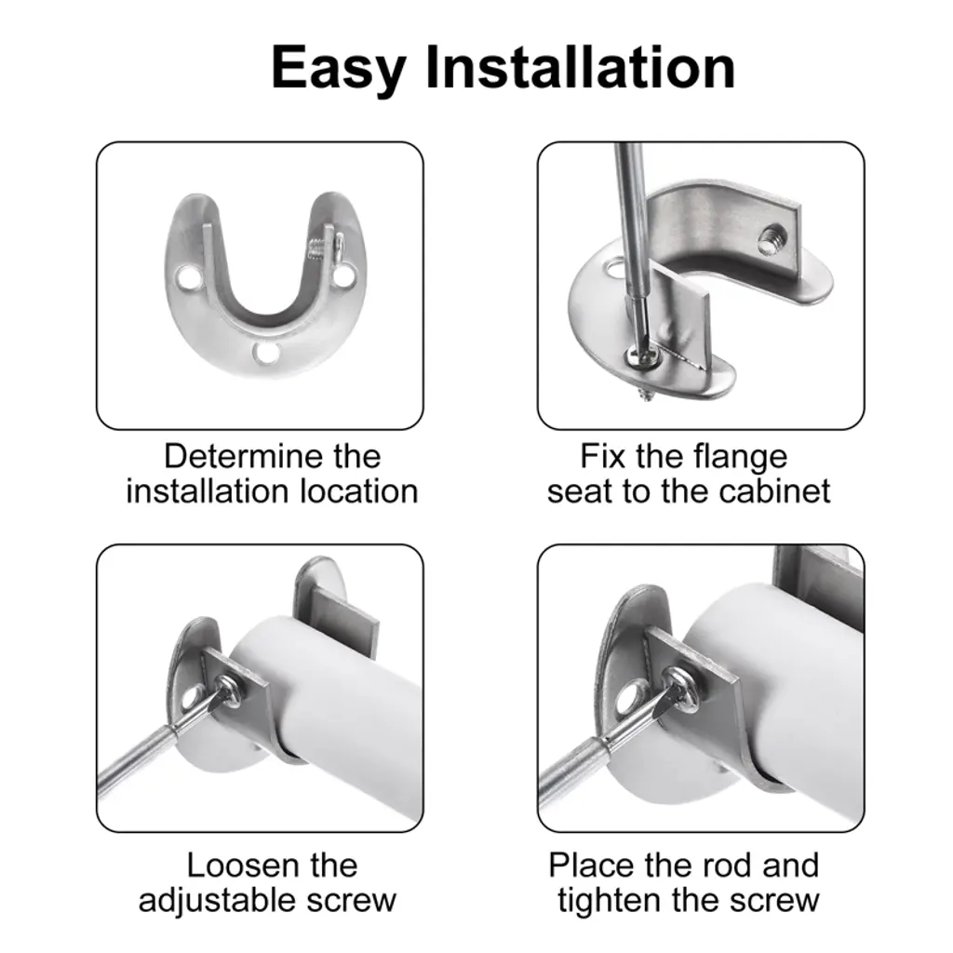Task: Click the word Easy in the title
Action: [x=339, y=69]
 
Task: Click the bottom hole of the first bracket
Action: [x=265, y=353]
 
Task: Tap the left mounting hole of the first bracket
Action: [x=189, y=278]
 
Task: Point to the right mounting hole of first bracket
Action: [x=344, y=276]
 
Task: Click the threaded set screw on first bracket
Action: [x=318, y=248]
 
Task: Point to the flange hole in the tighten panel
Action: [x=632, y=700]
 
